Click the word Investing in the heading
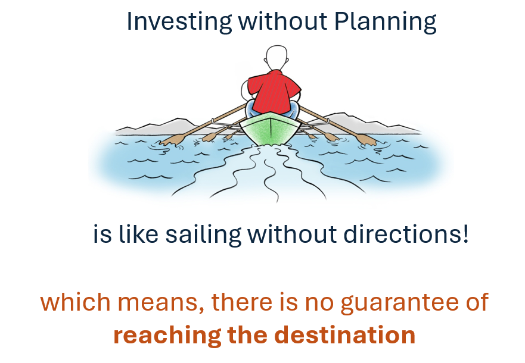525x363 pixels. [x=179, y=22]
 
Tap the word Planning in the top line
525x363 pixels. [x=386, y=22]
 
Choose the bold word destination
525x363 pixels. [x=345, y=334]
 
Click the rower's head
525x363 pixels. [x=277, y=58]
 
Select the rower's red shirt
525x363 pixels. [x=274, y=91]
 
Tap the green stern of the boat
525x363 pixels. [x=270, y=129]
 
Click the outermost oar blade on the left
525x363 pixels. [x=173, y=139]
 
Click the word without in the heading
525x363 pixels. [x=282, y=21]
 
